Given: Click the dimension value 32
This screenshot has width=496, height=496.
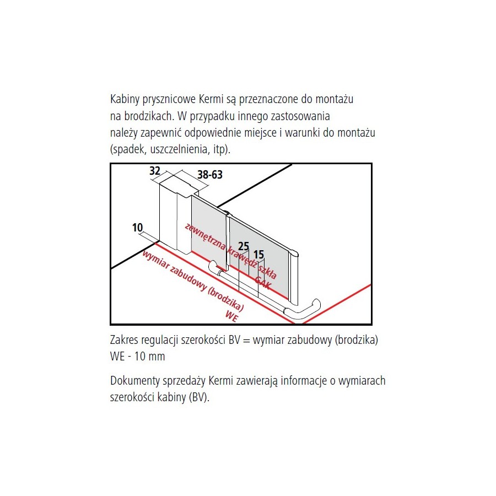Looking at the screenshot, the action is (x=155, y=171).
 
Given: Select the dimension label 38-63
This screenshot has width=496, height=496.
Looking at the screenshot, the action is (x=210, y=174).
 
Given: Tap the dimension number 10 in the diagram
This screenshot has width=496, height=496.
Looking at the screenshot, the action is (x=137, y=228).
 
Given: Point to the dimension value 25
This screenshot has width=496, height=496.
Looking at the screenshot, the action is (x=243, y=246).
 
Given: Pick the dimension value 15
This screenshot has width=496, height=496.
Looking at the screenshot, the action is (x=258, y=254).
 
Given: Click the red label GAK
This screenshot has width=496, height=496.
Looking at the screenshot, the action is (x=263, y=283).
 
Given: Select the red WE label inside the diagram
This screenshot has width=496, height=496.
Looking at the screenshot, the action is (x=231, y=316).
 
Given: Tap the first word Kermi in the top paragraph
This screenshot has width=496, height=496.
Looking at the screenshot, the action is (x=211, y=99).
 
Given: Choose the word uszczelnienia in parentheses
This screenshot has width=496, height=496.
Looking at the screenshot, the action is (x=180, y=149).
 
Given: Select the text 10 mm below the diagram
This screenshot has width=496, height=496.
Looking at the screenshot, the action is (x=149, y=357).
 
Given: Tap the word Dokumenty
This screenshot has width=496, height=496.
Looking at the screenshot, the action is (x=135, y=381).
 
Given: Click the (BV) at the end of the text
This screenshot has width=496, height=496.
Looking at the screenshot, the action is (x=200, y=397).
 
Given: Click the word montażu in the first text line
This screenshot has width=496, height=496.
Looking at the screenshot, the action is (x=335, y=99).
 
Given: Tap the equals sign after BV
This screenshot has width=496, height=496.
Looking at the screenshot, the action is (x=247, y=341).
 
